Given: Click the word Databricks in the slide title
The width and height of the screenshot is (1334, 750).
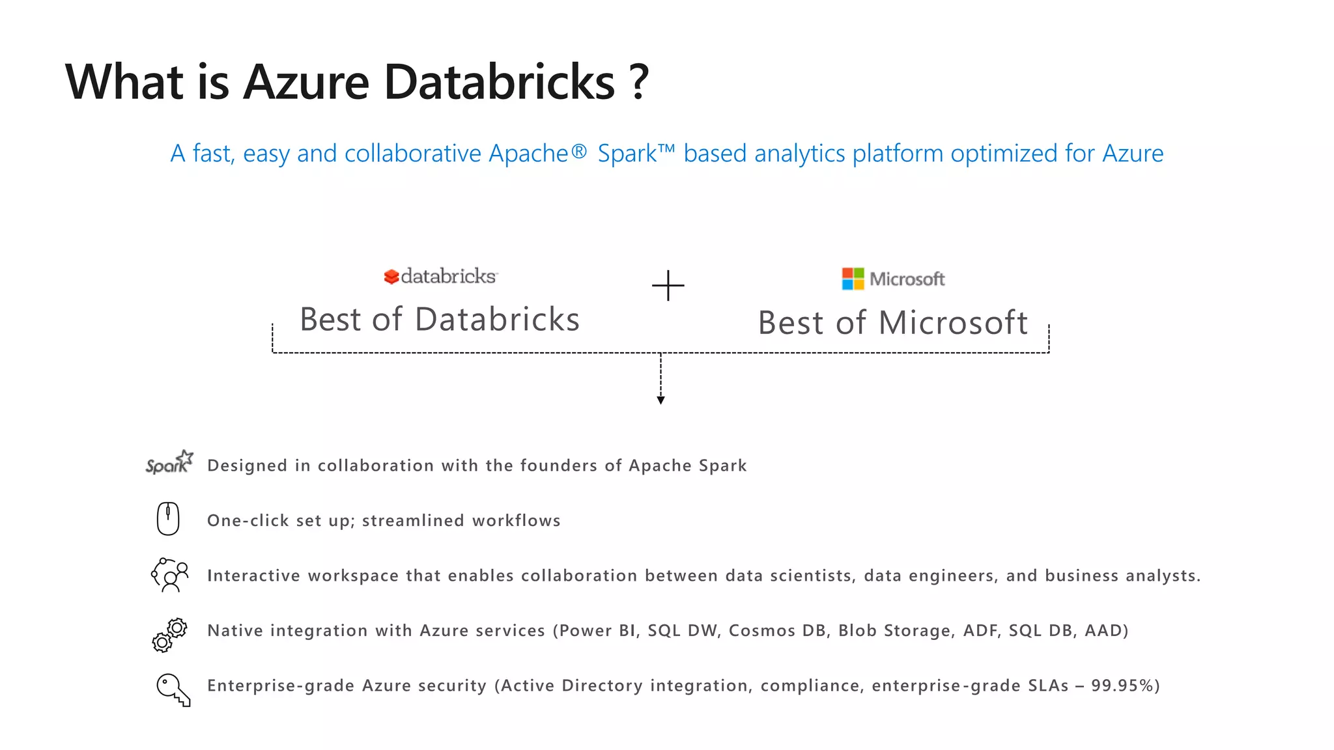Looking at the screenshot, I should click(x=499, y=83).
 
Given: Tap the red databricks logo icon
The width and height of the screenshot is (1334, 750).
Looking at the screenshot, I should click(x=391, y=277).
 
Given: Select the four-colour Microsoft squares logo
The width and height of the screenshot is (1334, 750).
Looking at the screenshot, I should click(x=853, y=279).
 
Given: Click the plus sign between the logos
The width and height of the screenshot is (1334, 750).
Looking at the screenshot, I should click(x=668, y=286).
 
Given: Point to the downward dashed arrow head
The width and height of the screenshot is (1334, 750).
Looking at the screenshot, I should click(x=660, y=400).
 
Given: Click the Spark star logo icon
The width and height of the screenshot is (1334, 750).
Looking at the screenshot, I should click(x=169, y=462).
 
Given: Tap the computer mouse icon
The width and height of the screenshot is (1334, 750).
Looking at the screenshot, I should click(x=168, y=519).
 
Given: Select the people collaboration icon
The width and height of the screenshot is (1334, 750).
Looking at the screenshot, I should click(x=170, y=575).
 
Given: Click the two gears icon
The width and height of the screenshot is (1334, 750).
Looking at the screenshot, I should click(x=169, y=634).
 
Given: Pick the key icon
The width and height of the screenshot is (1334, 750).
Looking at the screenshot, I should click(x=173, y=689).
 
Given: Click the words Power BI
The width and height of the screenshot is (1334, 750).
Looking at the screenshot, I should click(x=598, y=631).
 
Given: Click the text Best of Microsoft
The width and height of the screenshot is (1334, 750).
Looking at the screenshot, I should click(x=892, y=323).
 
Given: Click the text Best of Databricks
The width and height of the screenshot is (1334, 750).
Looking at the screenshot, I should click(x=439, y=320).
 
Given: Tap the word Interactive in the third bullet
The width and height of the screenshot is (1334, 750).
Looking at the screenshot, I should click(x=253, y=576).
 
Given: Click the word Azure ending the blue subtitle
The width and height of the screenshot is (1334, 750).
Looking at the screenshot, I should click(x=1132, y=154).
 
